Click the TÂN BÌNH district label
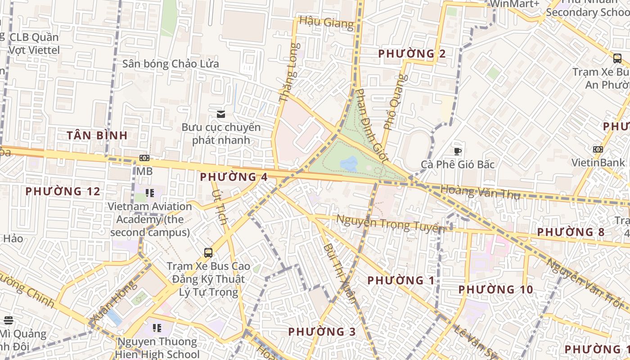(x=97, y=135)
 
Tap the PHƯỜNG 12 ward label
(x=63, y=191)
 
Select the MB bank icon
(x=144, y=158)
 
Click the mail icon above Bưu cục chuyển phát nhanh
(x=220, y=114)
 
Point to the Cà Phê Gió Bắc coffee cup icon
(x=458, y=151)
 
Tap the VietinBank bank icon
(x=598, y=149)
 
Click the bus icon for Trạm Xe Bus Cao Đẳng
(x=208, y=252)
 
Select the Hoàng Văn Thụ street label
(x=480, y=192)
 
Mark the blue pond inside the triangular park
(x=349, y=163)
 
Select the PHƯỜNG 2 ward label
(x=412, y=54)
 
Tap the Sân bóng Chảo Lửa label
(x=171, y=64)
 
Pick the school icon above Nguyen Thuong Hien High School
(x=157, y=328)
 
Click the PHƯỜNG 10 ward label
(x=495, y=289)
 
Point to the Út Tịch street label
(x=220, y=207)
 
